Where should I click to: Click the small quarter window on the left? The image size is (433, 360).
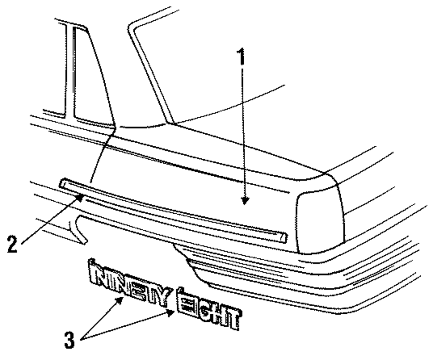[x=89, y=78]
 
